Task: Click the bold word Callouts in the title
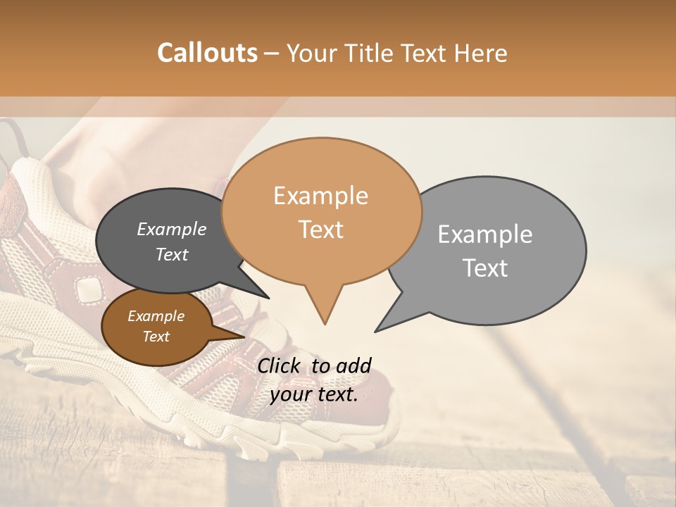(x=208, y=53)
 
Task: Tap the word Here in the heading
(x=480, y=54)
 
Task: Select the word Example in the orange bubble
(x=320, y=196)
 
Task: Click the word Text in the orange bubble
(x=320, y=230)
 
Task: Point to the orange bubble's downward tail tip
(x=325, y=324)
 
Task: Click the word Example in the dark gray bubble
(x=171, y=230)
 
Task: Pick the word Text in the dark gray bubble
(x=171, y=255)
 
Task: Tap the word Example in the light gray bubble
(x=485, y=234)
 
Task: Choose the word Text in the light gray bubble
(x=485, y=268)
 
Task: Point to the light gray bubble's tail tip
(x=375, y=331)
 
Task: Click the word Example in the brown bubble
(x=156, y=316)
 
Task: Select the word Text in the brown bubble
(x=156, y=337)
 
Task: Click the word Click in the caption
(x=281, y=365)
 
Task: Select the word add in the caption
(x=353, y=365)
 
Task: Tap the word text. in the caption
(x=336, y=394)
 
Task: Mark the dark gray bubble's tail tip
(x=268, y=298)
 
